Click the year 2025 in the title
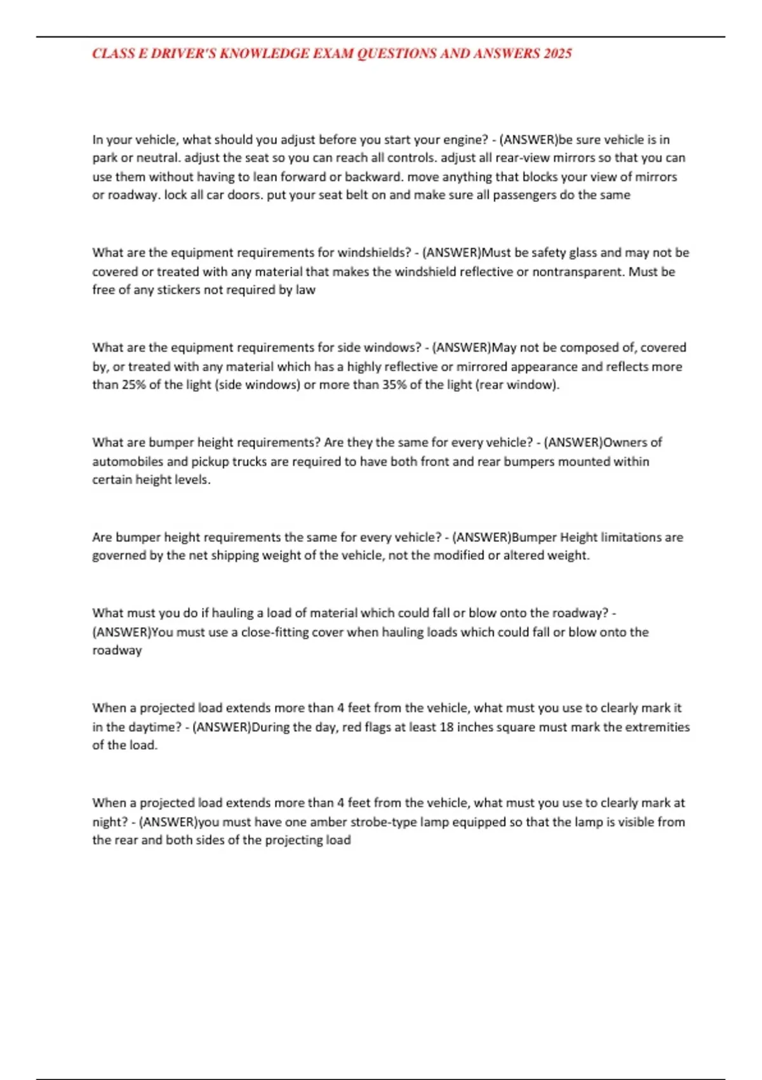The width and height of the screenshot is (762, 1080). tap(558, 53)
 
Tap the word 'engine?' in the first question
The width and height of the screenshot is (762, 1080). tap(465, 140)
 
